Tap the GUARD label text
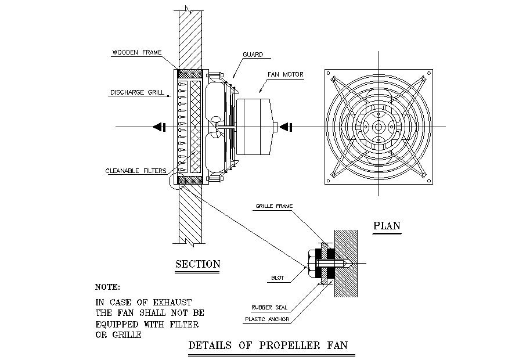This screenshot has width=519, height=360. coord(253,55)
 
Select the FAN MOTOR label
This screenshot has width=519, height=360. coord(285,74)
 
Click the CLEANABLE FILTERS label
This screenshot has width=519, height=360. coord(135,171)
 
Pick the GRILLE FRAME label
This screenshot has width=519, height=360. coord(273,206)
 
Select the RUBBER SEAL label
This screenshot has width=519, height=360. coord(269,308)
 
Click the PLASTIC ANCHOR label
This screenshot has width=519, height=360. coord(266,319)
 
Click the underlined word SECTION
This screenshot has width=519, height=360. coord(198,264)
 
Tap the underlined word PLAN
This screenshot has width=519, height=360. coord(387,225)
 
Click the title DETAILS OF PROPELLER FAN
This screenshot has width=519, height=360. coord(268,345)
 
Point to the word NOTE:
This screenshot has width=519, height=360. coord(107,287)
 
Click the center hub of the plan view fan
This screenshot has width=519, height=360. coord(379,127)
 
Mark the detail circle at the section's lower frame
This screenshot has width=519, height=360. coord(175,184)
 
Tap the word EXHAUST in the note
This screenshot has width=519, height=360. coord(172,302)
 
